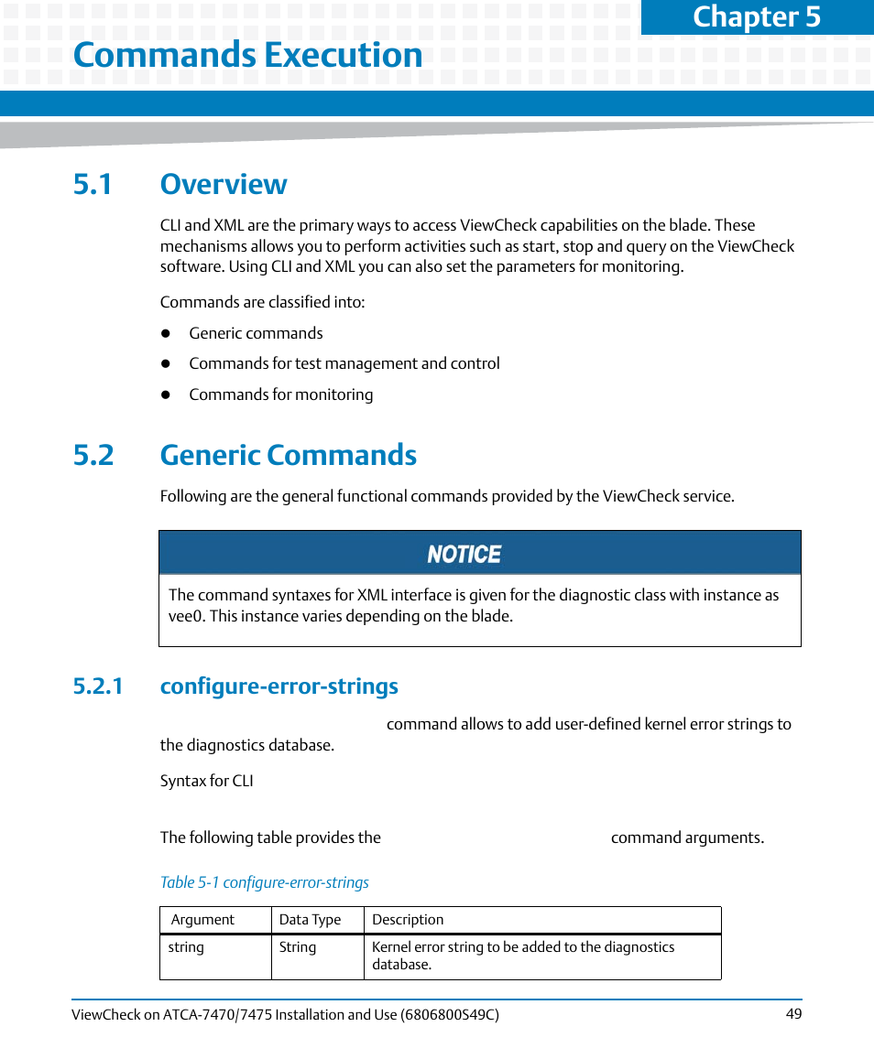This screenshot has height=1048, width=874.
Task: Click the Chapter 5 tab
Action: (x=757, y=17)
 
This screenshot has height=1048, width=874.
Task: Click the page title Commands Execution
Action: (x=247, y=55)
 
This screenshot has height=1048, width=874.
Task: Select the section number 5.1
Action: (x=93, y=184)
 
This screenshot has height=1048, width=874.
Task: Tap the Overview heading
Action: (x=224, y=184)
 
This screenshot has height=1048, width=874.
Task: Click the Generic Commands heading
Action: (x=288, y=455)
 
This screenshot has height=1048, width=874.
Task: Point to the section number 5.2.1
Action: (x=98, y=686)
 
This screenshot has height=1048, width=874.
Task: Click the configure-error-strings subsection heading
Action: (x=279, y=686)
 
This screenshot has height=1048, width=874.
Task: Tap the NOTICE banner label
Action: (x=464, y=555)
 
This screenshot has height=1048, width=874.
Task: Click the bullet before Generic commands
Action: (x=167, y=334)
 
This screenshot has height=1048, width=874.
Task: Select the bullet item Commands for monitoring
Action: (x=280, y=394)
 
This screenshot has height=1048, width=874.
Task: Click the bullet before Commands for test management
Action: (x=167, y=364)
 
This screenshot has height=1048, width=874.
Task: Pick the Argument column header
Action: (x=202, y=920)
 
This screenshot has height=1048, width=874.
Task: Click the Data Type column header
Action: (x=310, y=920)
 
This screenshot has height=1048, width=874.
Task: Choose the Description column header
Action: (x=408, y=920)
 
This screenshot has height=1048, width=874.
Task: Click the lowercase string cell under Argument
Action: (x=186, y=947)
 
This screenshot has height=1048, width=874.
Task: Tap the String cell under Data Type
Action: (x=297, y=947)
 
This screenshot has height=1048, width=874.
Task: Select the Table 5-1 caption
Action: (x=264, y=882)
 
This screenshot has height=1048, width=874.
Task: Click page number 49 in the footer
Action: (x=793, y=1014)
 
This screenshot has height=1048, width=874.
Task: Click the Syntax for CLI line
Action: (x=206, y=781)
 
